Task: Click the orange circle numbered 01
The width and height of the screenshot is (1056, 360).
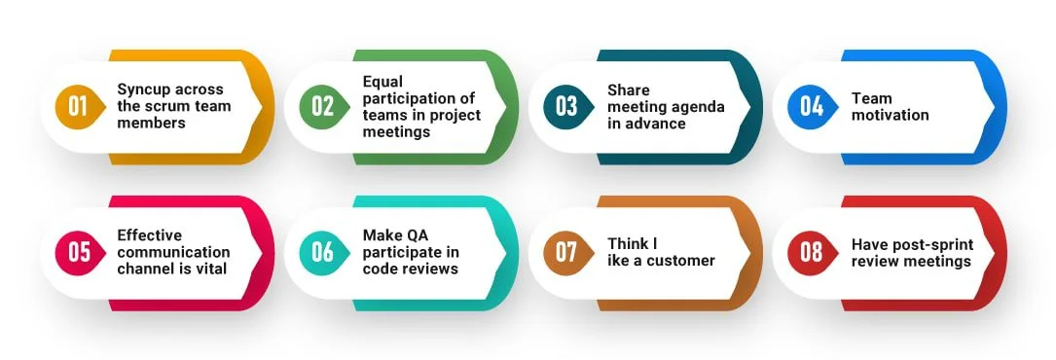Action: coord(78,106)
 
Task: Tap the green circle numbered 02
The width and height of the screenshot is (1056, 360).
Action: coord(322,106)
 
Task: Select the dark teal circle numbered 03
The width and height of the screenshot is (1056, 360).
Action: coord(566,106)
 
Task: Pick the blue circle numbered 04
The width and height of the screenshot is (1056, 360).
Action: coord(811,106)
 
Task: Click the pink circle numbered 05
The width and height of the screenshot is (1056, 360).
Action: coord(78,252)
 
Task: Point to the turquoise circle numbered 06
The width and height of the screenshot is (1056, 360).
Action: coord(322,252)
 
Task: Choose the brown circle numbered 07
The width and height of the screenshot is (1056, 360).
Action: coord(566,252)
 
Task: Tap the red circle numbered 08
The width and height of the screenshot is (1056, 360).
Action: coord(811,252)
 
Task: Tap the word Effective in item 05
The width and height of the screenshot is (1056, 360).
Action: coord(150,235)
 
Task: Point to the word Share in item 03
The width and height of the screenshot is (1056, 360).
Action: coord(629,90)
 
